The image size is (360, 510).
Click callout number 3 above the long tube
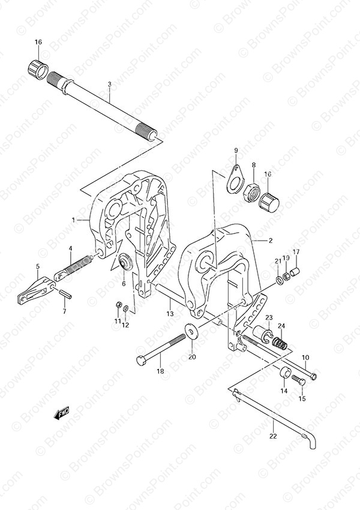pos(110,84)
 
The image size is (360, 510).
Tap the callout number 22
pos(273,436)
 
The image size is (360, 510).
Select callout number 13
pos(170,314)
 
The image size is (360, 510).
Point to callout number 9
pos(236,150)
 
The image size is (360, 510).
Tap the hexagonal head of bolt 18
pos(142,361)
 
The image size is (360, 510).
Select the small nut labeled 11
pos(119,305)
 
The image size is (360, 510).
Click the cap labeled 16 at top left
pos(37,69)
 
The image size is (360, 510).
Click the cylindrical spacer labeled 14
pos(285,373)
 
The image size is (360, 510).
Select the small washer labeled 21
pos(278,280)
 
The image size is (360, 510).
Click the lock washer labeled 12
pos(126,308)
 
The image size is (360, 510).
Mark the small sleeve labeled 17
pos(295,271)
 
